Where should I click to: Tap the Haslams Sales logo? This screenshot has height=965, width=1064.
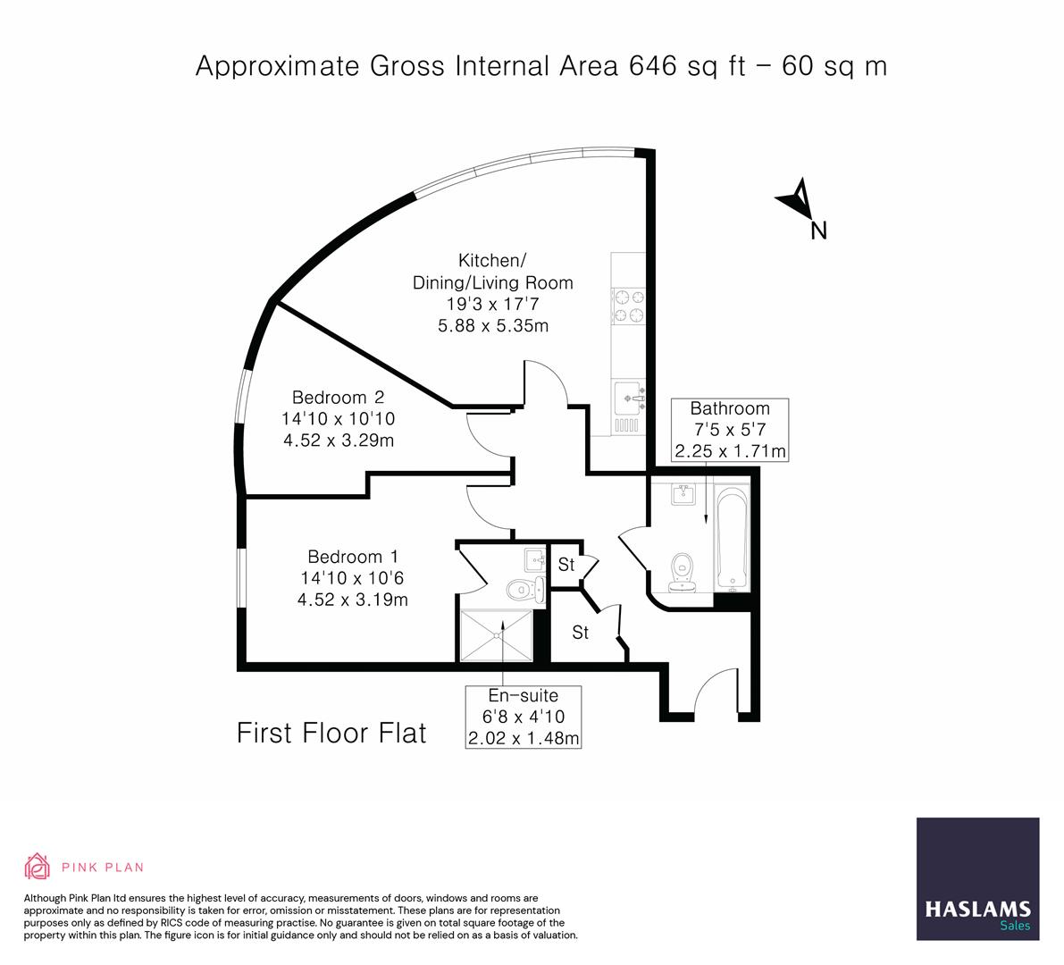tap(977, 878)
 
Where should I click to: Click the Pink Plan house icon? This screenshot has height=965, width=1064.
tap(38, 867)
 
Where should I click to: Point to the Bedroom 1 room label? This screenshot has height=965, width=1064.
tap(352, 556)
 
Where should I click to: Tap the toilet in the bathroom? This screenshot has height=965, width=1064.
tap(683, 571)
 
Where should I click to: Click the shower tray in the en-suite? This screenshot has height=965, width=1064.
tap(496, 635)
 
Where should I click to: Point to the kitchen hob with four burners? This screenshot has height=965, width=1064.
tap(628, 305)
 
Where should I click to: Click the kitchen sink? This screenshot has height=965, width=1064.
tap(629, 393)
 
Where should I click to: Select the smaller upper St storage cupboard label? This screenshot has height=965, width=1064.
tap(566, 565)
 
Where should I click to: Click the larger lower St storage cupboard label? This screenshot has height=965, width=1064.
tap(581, 633)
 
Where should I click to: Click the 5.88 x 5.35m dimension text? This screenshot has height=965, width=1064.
tap(492, 326)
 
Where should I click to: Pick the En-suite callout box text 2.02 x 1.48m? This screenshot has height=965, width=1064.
tap(524, 738)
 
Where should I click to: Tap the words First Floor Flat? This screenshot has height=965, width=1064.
tap(331, 734)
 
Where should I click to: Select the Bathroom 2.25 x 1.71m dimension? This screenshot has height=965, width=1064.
tap(730, 451)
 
